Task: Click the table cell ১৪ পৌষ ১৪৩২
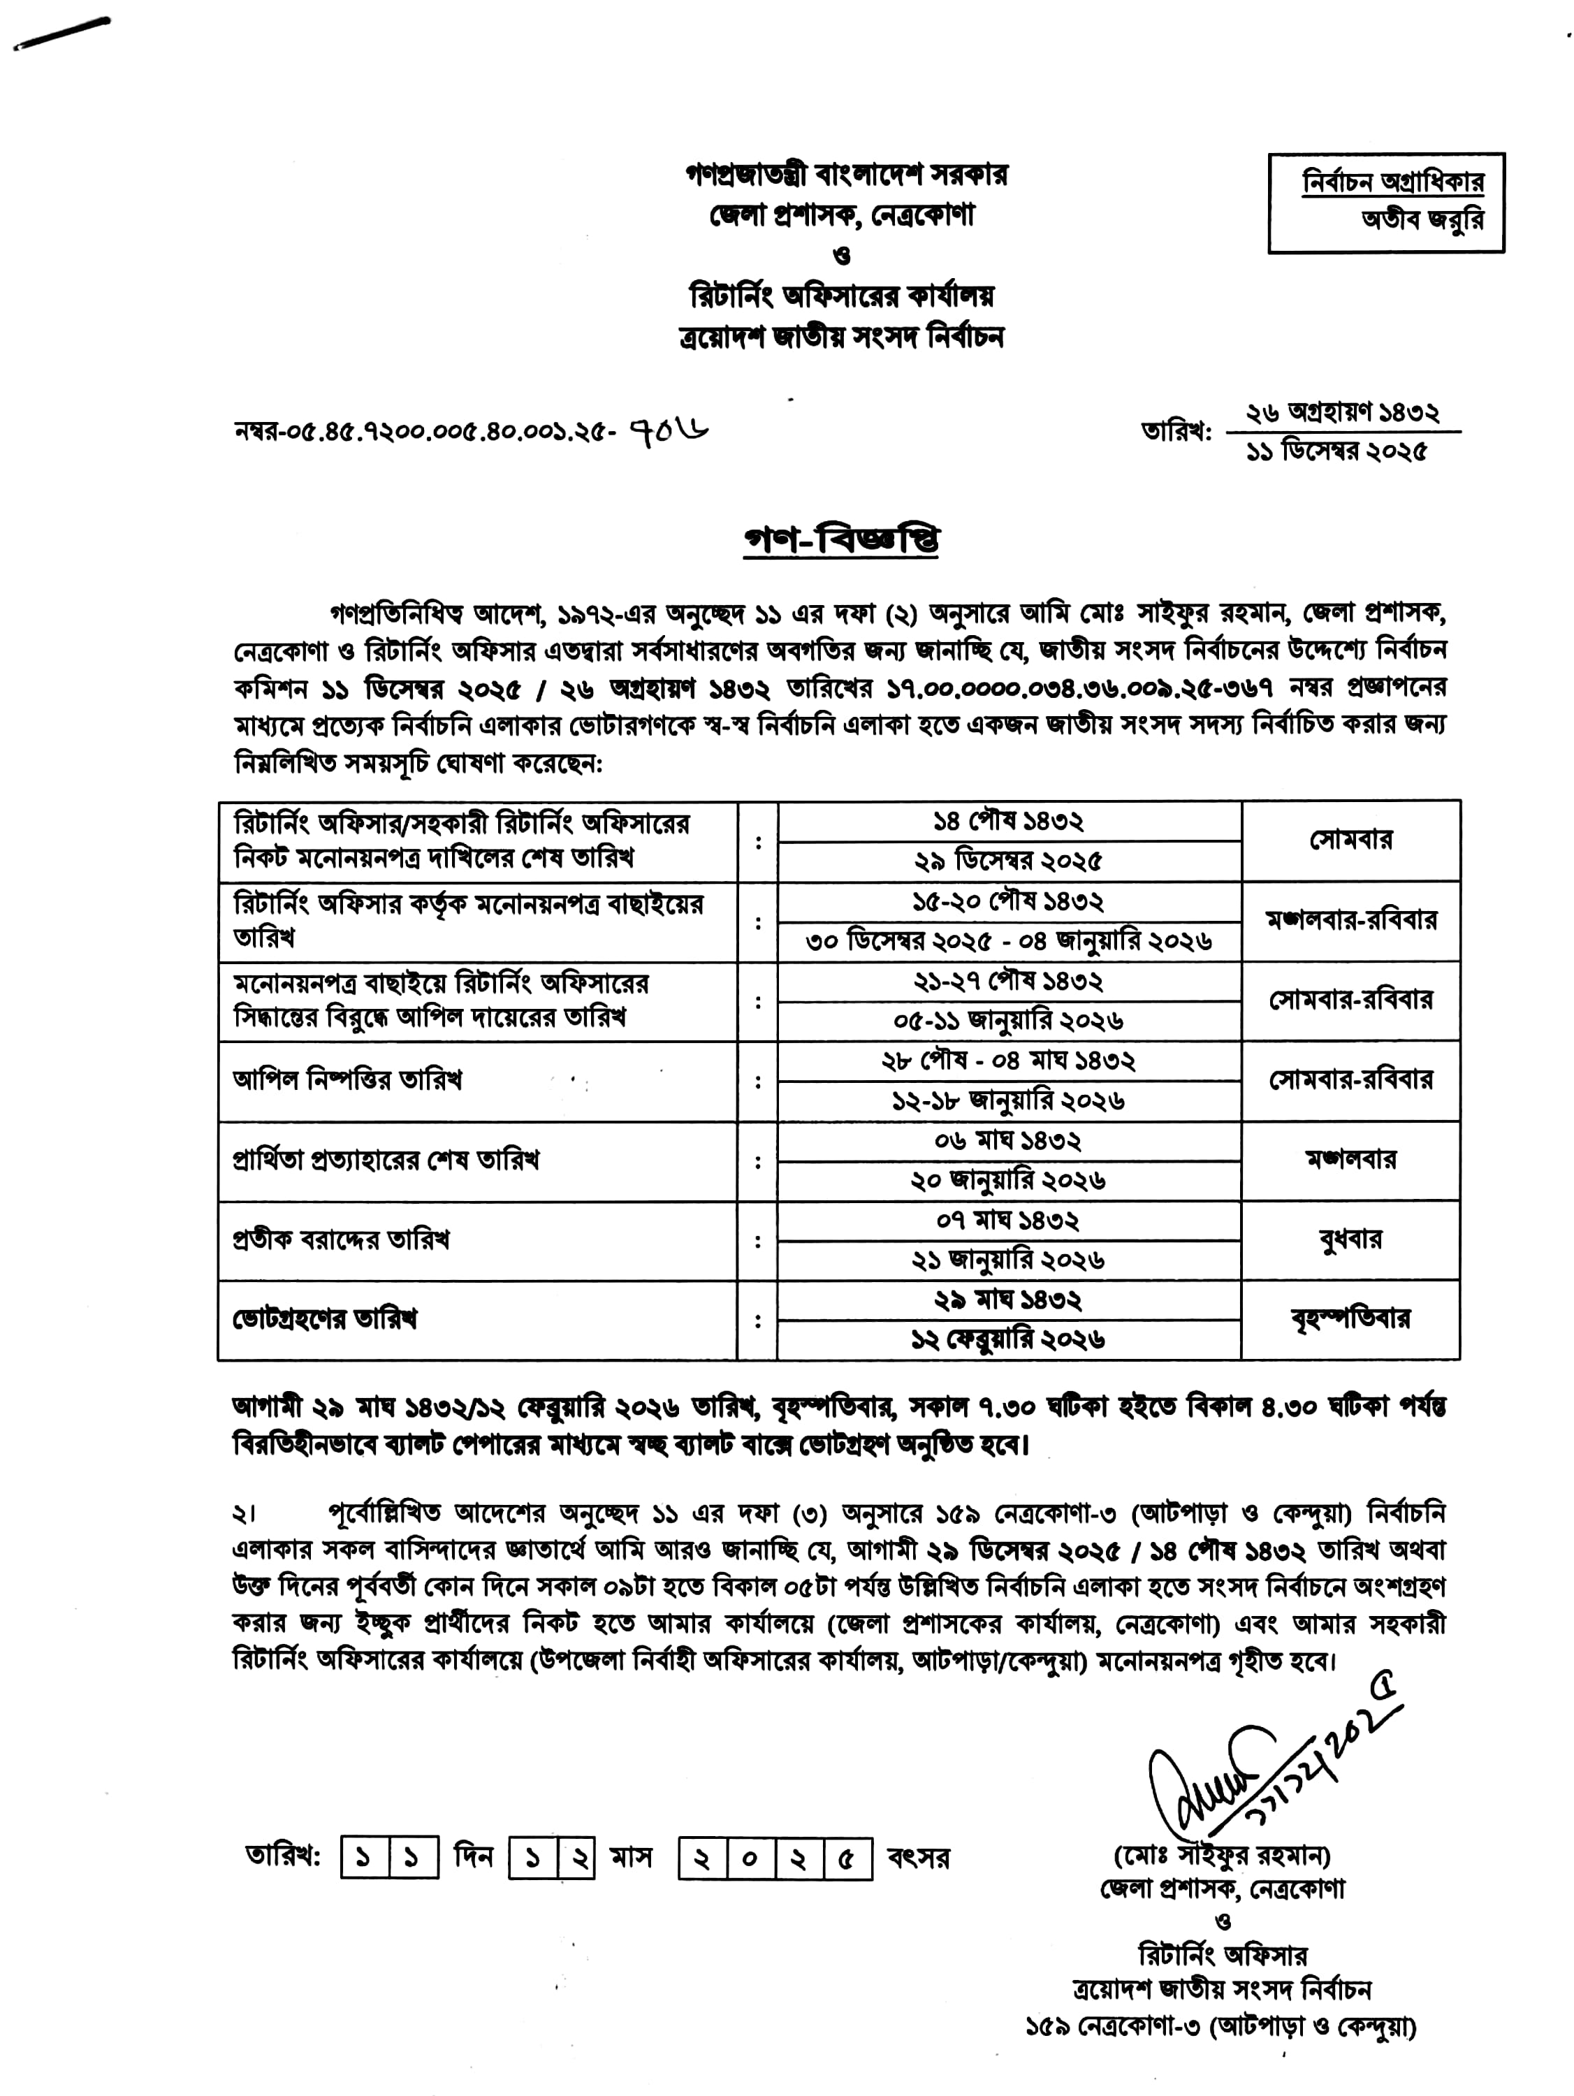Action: click(1008, 821)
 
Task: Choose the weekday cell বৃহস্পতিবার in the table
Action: click(1350, 1318)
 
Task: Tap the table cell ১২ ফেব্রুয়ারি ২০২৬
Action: click(1008, 1339)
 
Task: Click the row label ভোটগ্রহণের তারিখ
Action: click(325, 1318)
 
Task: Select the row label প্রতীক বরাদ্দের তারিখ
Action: click(341, 1239)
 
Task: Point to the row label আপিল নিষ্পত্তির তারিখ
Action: click(347, 1080)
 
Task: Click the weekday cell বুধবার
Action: click(1350, 1239)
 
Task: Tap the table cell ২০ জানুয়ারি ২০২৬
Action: click(1008, 1181)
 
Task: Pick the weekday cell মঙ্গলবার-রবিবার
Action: click(1350, 920)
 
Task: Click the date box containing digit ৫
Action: click(846, 1859)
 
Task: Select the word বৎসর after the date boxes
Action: click(918, 1858)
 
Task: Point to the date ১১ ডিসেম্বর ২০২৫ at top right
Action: click(1336, 452)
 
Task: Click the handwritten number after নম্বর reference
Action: click(669, 431)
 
